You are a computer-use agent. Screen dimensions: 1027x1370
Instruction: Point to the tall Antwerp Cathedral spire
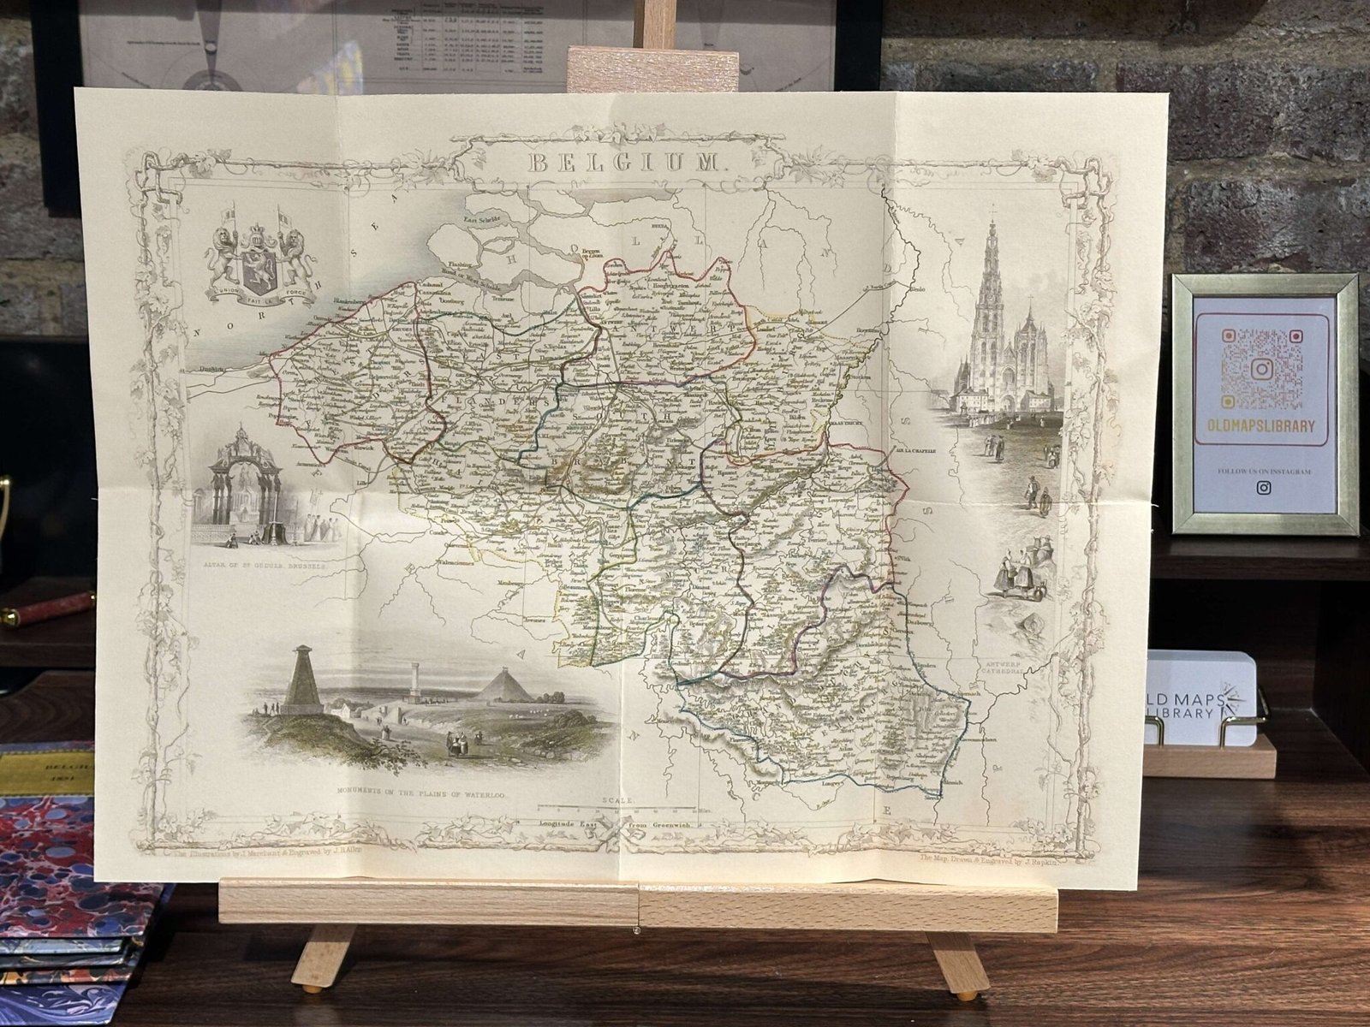pyautogui.click(x=993, y=282)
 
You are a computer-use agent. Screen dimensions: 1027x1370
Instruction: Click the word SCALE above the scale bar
pyautogui.click(x=616, y=800)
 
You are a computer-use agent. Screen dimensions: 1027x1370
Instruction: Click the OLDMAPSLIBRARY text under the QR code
pyautogui.click(x=1263, y=426)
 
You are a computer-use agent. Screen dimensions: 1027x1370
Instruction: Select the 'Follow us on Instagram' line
pyautogui.click(x=1263, y=471)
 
